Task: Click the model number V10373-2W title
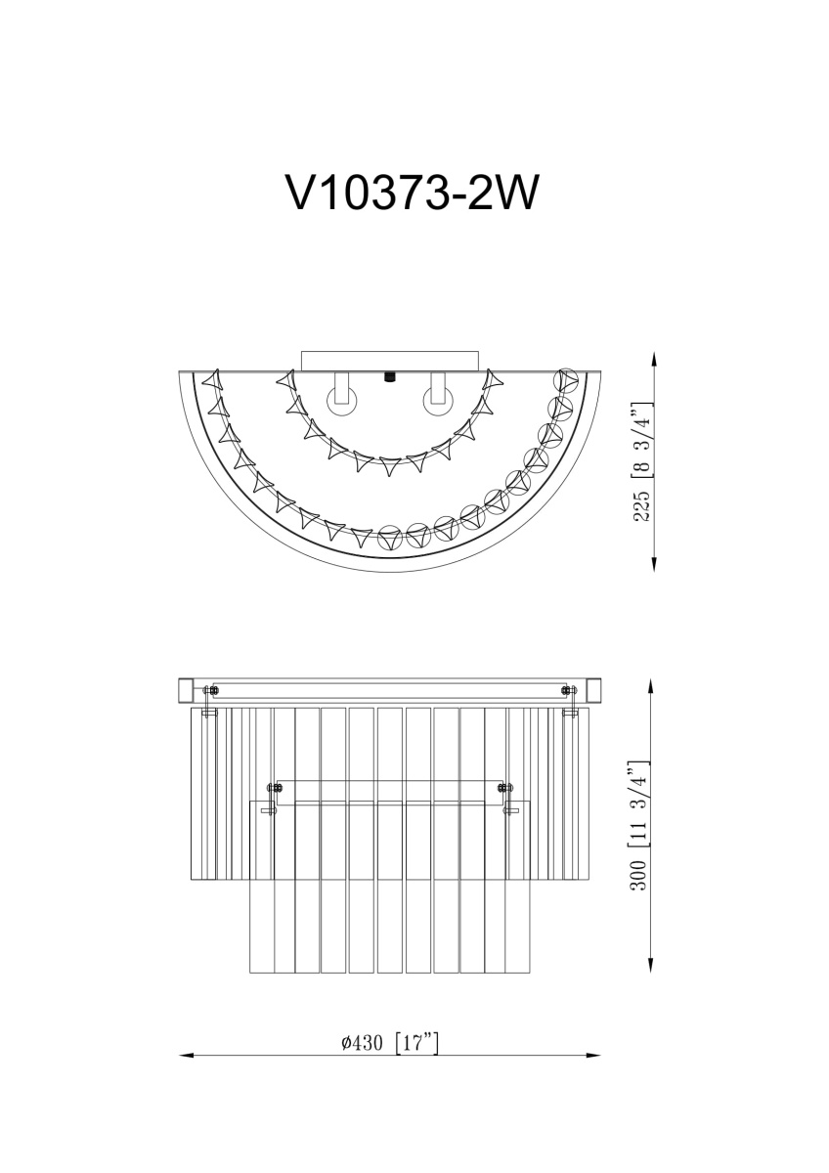click(x=412, y=192)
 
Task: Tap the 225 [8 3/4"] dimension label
click(x=642, y=461)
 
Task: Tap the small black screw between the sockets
click(x=389, y=376)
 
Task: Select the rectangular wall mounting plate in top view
click(x=390, y=362)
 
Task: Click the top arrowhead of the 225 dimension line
click(x=654, y=360)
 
